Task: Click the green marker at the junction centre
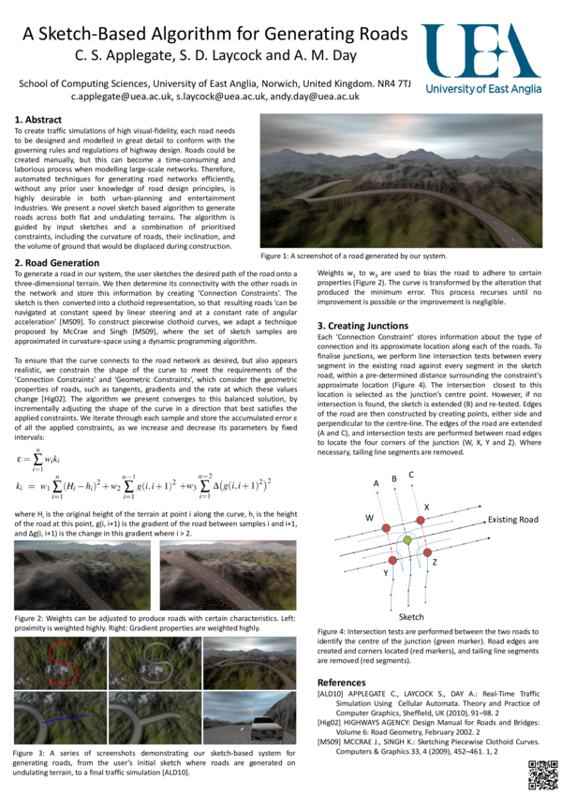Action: pos(407,540)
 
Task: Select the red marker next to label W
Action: pos(385,531)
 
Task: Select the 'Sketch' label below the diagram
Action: pos(412,618)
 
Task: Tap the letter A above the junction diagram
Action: pos(377,483)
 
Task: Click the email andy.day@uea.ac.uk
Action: pos(314,96)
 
